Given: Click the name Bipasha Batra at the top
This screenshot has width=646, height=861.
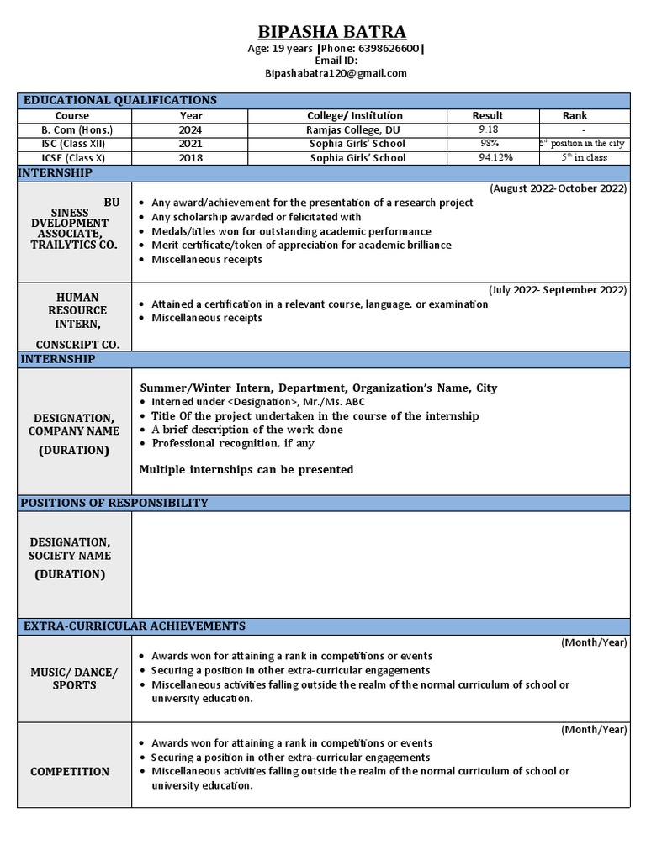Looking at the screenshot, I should (331, 32).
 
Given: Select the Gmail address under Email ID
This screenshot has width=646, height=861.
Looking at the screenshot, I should (336, 73).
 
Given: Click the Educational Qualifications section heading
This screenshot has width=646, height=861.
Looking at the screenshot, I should (120, 100).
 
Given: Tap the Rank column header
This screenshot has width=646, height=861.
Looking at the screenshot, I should (575, 115).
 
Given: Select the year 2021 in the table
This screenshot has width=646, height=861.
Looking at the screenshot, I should (190, 144).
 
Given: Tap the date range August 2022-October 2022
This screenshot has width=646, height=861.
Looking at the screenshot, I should (558, 188).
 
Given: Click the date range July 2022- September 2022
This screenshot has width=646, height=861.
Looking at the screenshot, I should (558, 290).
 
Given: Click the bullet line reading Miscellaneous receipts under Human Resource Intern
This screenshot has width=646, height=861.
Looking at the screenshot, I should (207, 318).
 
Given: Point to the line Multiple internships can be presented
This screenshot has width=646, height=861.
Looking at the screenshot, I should (246, 469).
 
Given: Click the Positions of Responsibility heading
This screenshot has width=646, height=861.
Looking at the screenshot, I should (114, 503).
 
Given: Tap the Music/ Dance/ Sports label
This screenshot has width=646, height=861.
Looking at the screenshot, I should (75, 679).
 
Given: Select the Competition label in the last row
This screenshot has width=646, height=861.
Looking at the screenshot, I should (70, 771).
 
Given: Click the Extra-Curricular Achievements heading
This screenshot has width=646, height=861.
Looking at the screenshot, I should (135, 626).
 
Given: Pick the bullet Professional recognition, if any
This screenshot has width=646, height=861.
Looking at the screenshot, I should (233, 443).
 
